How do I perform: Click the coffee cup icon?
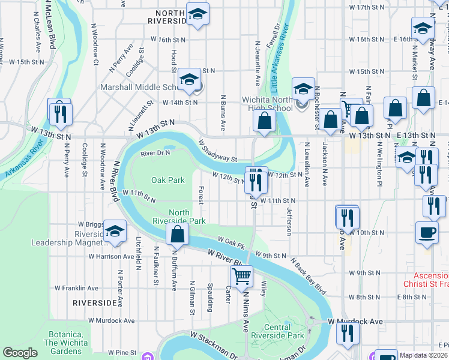coord(427,232)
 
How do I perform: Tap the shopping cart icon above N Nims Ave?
coord(241,276)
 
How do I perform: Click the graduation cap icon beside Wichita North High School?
coord(303,89)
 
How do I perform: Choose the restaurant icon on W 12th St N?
coord(256,179)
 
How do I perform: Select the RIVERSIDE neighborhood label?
coord(94,303)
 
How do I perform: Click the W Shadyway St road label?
coord(218,151)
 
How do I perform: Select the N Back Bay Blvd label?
coord(309,277)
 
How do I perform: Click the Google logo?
coord(20,353)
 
